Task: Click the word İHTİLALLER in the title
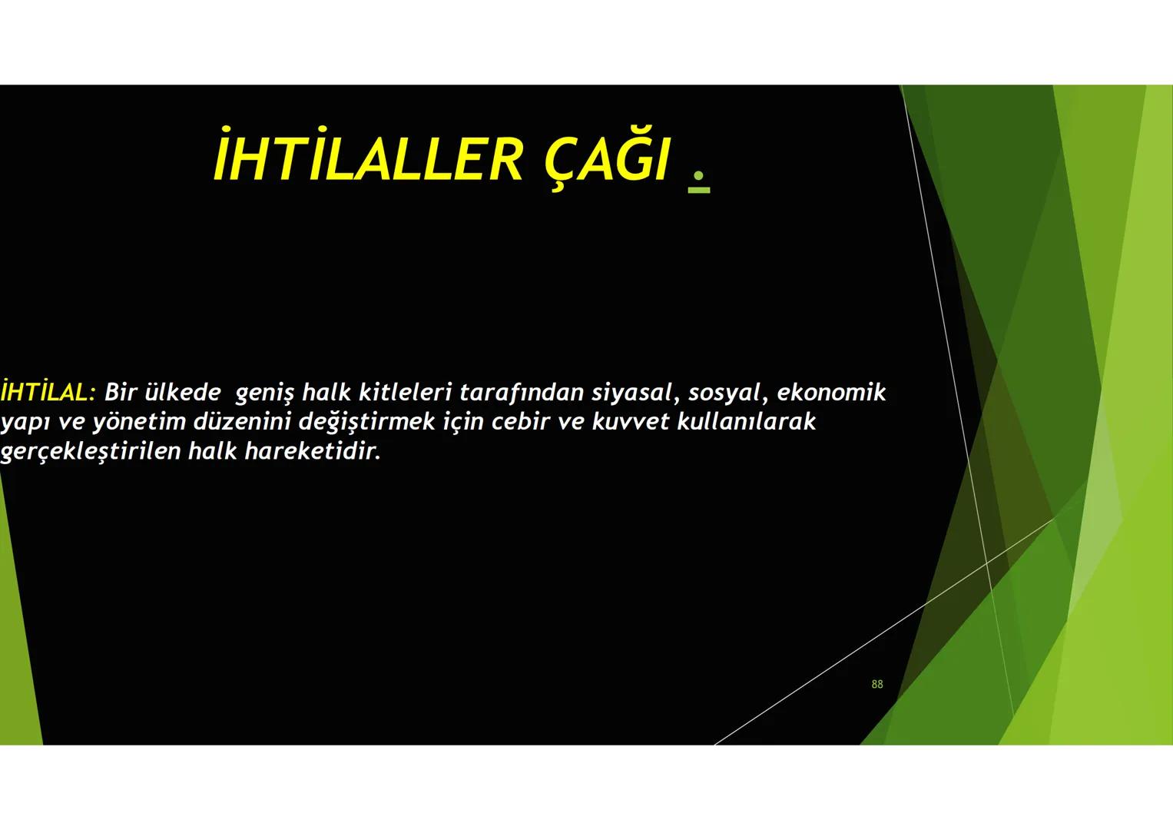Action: click(367, 160)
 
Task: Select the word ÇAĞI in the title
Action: click(607, 160)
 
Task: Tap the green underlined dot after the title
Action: click(698, 179)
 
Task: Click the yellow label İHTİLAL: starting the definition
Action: click(48, 392)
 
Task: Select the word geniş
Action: click(264, 393)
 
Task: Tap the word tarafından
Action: click(521, 393)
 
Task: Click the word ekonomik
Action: click(831, 393)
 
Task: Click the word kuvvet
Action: click(630, 422)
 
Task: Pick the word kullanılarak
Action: click(746, 422)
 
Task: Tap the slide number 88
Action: click(877, 684)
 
